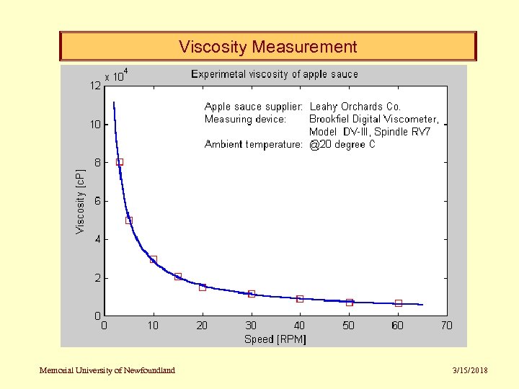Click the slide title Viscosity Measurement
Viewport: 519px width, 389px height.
(x=267, y=48)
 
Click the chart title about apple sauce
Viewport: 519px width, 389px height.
(x=274, y=74)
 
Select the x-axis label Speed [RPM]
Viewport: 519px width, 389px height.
(x=275, y=339)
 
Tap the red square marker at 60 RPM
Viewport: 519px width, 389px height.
(x=398, y=303)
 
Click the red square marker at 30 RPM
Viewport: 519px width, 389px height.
(x=251, y=294)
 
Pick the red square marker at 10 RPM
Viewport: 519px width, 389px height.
(x=153, y=259)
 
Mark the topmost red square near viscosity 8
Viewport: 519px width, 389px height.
(x=120, y=162)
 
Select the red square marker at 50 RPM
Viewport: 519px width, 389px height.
(x=349, y=302)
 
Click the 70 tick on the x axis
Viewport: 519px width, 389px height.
(x=446, y=326)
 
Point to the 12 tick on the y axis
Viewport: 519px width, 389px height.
(x=95, y=86)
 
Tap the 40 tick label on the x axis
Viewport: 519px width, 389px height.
(x=299, y=326)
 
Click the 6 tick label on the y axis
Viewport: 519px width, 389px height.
(x=97, y=201)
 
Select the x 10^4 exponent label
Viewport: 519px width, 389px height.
(x=116, y=75)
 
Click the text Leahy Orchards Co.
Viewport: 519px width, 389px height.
(x=355, y=107)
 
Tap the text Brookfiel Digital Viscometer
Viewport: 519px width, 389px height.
(x=373, y=119)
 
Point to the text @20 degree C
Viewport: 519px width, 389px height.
(x=342, y=144)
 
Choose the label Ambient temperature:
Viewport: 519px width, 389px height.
(x=253, y=144)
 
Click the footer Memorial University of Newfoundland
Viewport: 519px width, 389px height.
(x=107, y=370)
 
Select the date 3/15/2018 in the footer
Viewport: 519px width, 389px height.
(x=469, y=370)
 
